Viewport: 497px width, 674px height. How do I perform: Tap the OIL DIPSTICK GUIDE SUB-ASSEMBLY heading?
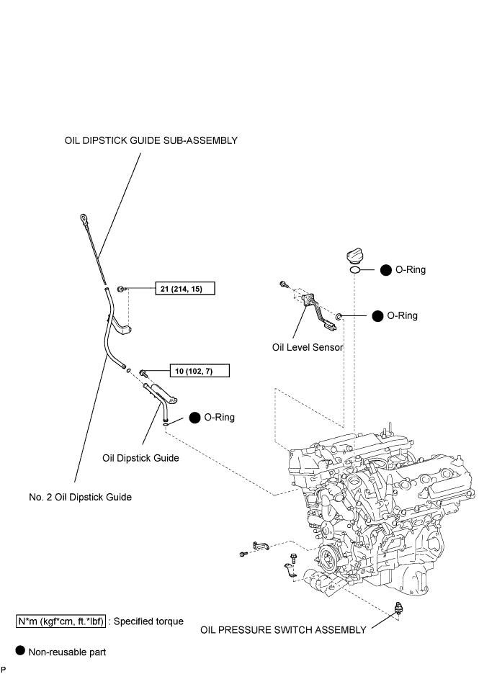pos(151,140)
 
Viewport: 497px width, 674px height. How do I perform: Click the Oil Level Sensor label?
pos(308,347)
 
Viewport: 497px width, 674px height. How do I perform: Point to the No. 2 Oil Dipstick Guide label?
pos(81,498)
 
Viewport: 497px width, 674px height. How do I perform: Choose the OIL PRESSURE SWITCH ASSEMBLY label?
pos(283,630)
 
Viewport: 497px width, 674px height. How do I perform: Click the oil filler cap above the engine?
pos(354,256)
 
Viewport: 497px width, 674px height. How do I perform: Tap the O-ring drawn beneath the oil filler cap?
pos(354,270)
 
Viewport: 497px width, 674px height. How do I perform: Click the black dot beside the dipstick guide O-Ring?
pos(194,418)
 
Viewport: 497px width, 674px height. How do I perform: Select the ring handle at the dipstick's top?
pos(83,219)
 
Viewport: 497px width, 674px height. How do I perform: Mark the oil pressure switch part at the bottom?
pos(398,608)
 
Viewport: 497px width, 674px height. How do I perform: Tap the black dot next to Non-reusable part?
pos(20,650)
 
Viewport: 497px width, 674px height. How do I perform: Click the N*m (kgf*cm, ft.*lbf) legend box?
pos(61,621)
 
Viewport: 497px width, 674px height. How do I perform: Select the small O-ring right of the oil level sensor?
pos(339,318)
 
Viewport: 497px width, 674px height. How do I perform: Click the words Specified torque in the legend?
pos(149,621)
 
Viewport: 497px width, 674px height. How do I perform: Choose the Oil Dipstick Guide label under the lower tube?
pos(140,458)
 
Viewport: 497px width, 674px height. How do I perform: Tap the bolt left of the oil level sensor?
pos(283,284)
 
